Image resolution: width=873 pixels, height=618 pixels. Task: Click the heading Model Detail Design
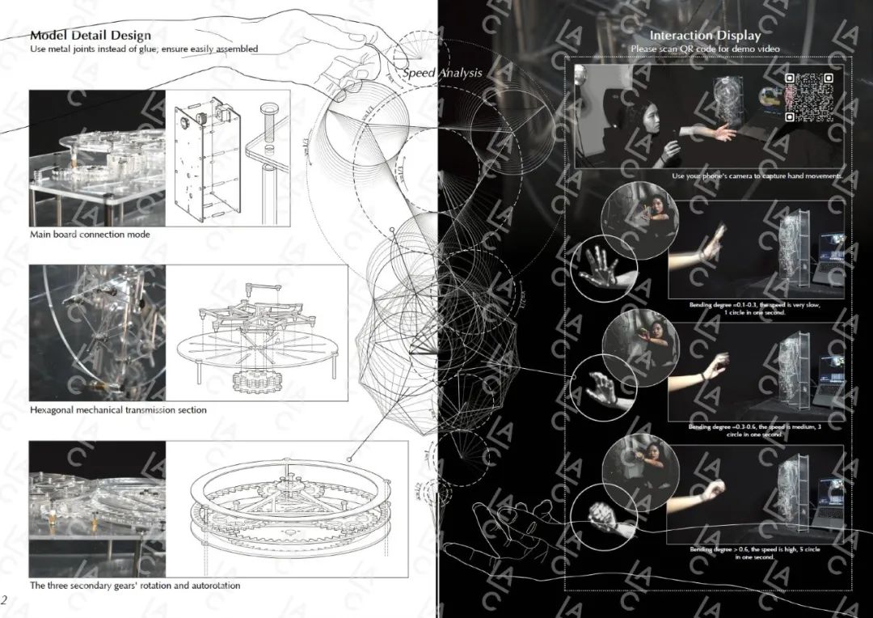90,36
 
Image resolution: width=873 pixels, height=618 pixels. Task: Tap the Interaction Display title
705,36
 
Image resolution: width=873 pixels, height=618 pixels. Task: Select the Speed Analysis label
443,73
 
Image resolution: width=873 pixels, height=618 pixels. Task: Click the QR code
808,97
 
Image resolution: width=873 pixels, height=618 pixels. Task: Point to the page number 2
5,599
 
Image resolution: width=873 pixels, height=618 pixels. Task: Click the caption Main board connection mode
90,235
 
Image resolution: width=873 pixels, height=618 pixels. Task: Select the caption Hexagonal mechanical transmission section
118,410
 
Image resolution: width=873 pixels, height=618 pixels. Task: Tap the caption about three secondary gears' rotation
134,585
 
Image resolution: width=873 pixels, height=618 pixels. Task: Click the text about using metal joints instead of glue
144,49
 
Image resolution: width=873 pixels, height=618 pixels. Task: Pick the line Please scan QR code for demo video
705,49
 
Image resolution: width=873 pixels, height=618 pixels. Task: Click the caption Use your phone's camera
757,176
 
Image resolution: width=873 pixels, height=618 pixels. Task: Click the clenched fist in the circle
602,515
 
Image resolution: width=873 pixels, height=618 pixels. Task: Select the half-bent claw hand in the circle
602,387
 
